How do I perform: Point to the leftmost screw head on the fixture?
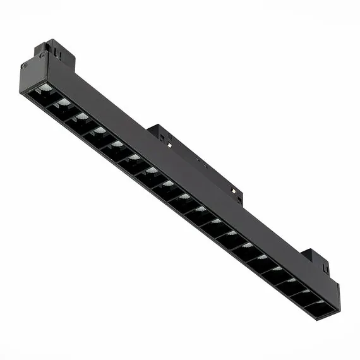pyautogui.click(x=23, y=65)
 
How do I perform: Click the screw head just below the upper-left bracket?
pyautogui.click(x=42, y=56)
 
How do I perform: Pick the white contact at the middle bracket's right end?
pyautogui.click(x=235, y=189)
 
